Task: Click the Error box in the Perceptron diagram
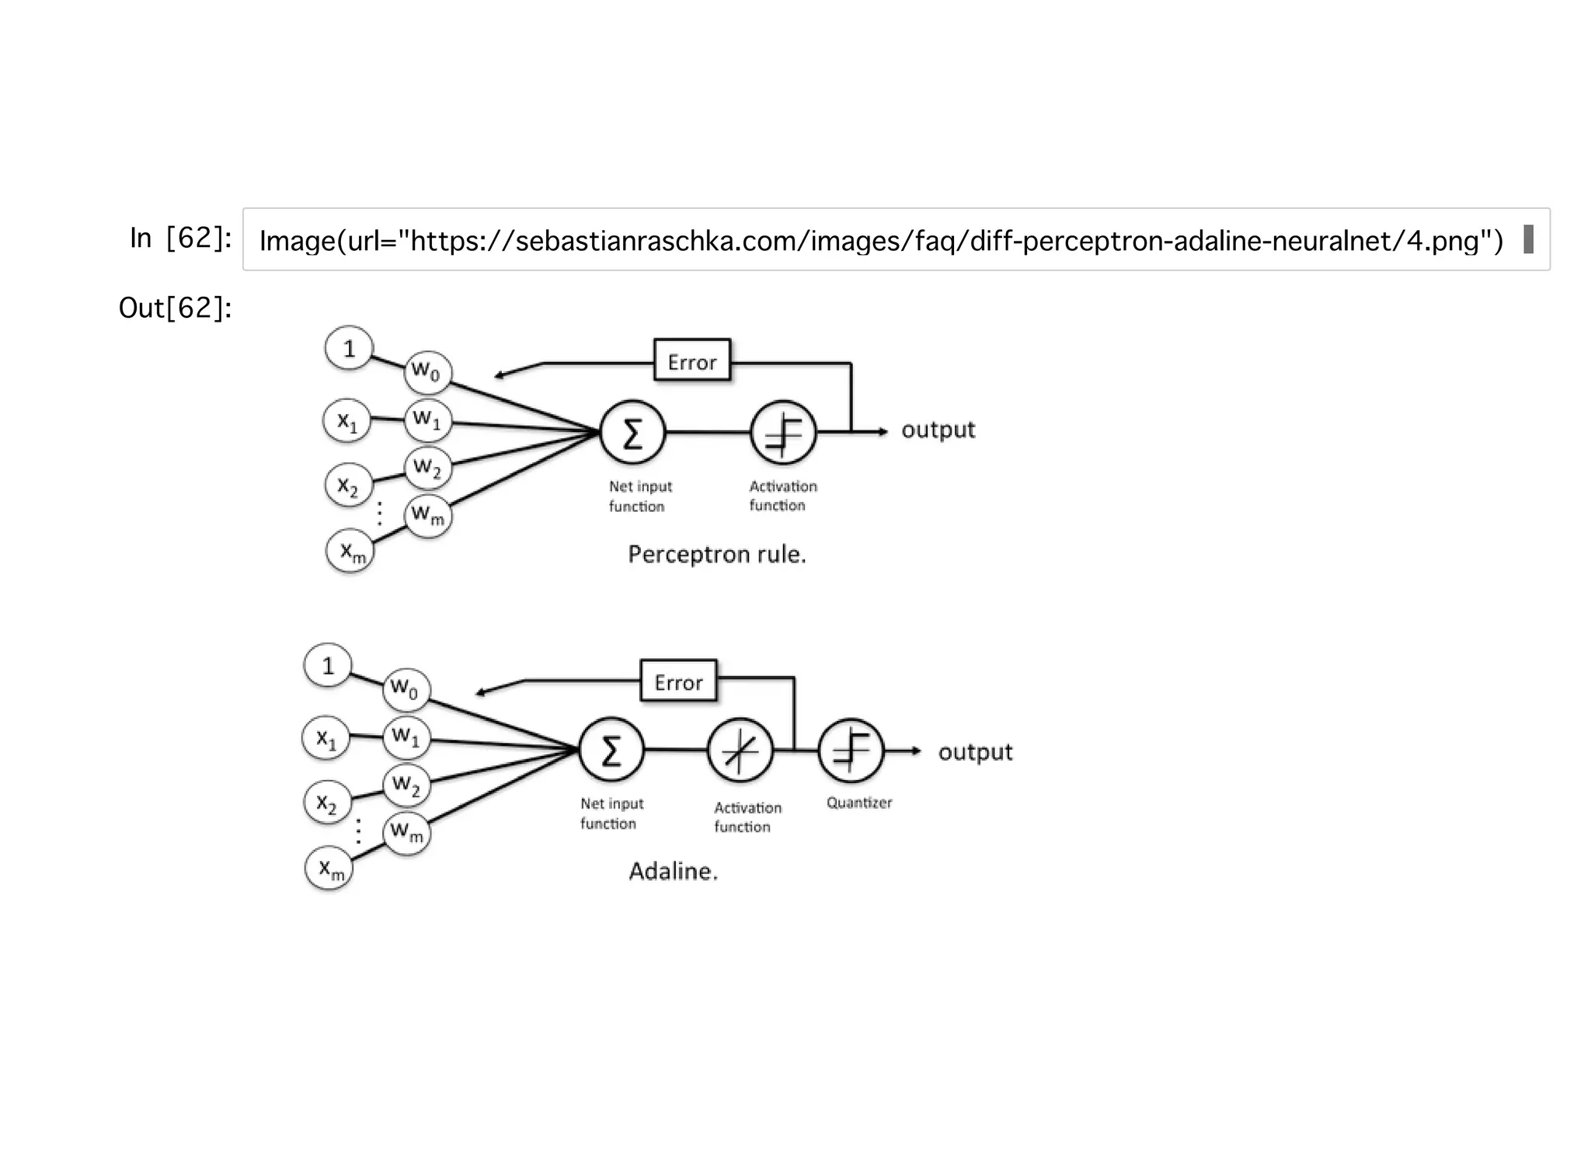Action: (x=691, y=361)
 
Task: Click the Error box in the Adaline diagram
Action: (x=678, y=681)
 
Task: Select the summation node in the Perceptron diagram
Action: (x=632, y=433)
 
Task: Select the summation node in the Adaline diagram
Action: (x=611, y=751)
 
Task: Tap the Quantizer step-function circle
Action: (x=851, y=751)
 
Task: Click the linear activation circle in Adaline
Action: (x=740, y=751)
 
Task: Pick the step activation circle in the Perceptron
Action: (x=783, y=433)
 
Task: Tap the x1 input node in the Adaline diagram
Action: (x=326, y=737)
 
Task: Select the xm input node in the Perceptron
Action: (x=350, y=552)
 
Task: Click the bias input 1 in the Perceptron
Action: (x=349, y=348)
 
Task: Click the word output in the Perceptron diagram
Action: (x=938, y=430)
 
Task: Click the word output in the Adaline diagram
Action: (x=975, y=752)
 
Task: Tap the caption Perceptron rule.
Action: (x=716, y=555)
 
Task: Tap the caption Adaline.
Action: (x=673, y=872)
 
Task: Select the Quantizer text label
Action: (x=858, y=803)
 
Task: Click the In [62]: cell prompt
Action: (x=180, y=239)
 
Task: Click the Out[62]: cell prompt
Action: (x=175, y=308)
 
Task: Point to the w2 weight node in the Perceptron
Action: (x=427, y=467)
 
